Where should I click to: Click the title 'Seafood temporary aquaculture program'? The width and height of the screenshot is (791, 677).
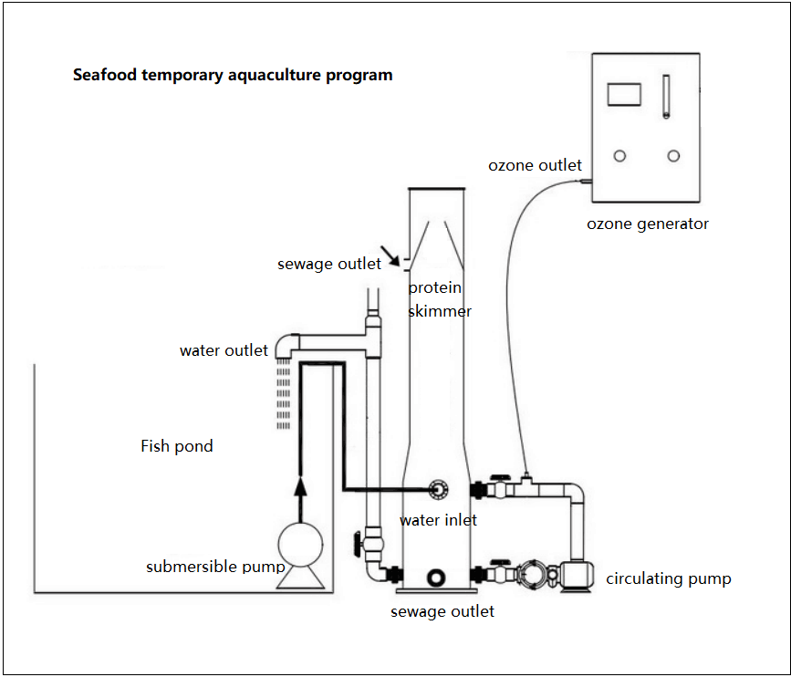tap(233, 75)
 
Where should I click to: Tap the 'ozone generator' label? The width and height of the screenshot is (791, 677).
tap(647, 224)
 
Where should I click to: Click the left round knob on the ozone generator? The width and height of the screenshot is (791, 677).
tap(619, 156)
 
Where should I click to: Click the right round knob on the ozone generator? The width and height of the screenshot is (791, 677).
tap(673, 156)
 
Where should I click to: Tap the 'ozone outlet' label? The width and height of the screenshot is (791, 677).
tap(535, 165)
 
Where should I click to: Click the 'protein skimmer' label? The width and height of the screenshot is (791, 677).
tap(440, 299)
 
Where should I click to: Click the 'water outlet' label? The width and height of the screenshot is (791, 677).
tap(224, 350)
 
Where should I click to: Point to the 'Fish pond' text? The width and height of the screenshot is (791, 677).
tap(177, 446)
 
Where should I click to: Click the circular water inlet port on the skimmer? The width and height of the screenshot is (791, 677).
tap(438, 489)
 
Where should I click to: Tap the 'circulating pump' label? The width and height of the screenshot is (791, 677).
tap(669, 578)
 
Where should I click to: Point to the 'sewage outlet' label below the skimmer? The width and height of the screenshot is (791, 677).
tap(442, 611)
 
